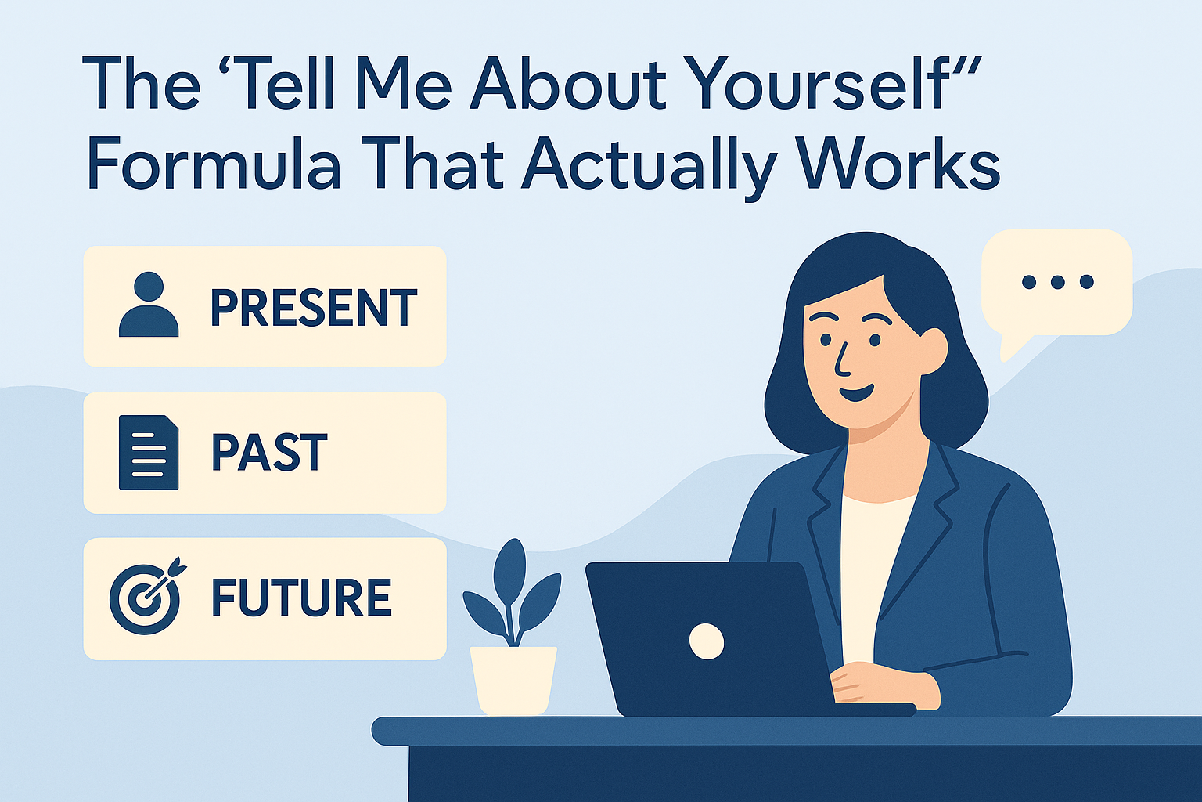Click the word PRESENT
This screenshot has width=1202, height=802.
(x=313, y=308)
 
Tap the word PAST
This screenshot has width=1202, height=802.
(x=269, y=453)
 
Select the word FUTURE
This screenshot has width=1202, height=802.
(x=301, y=598)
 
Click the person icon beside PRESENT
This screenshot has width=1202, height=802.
(x=149, y=305)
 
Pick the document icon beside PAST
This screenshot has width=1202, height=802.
(x=148, y=453)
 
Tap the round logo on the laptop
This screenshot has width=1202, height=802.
(x=706, y=641)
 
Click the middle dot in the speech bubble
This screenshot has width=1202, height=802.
(x=1057, y=282)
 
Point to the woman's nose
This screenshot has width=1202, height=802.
(x=841, y=363)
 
